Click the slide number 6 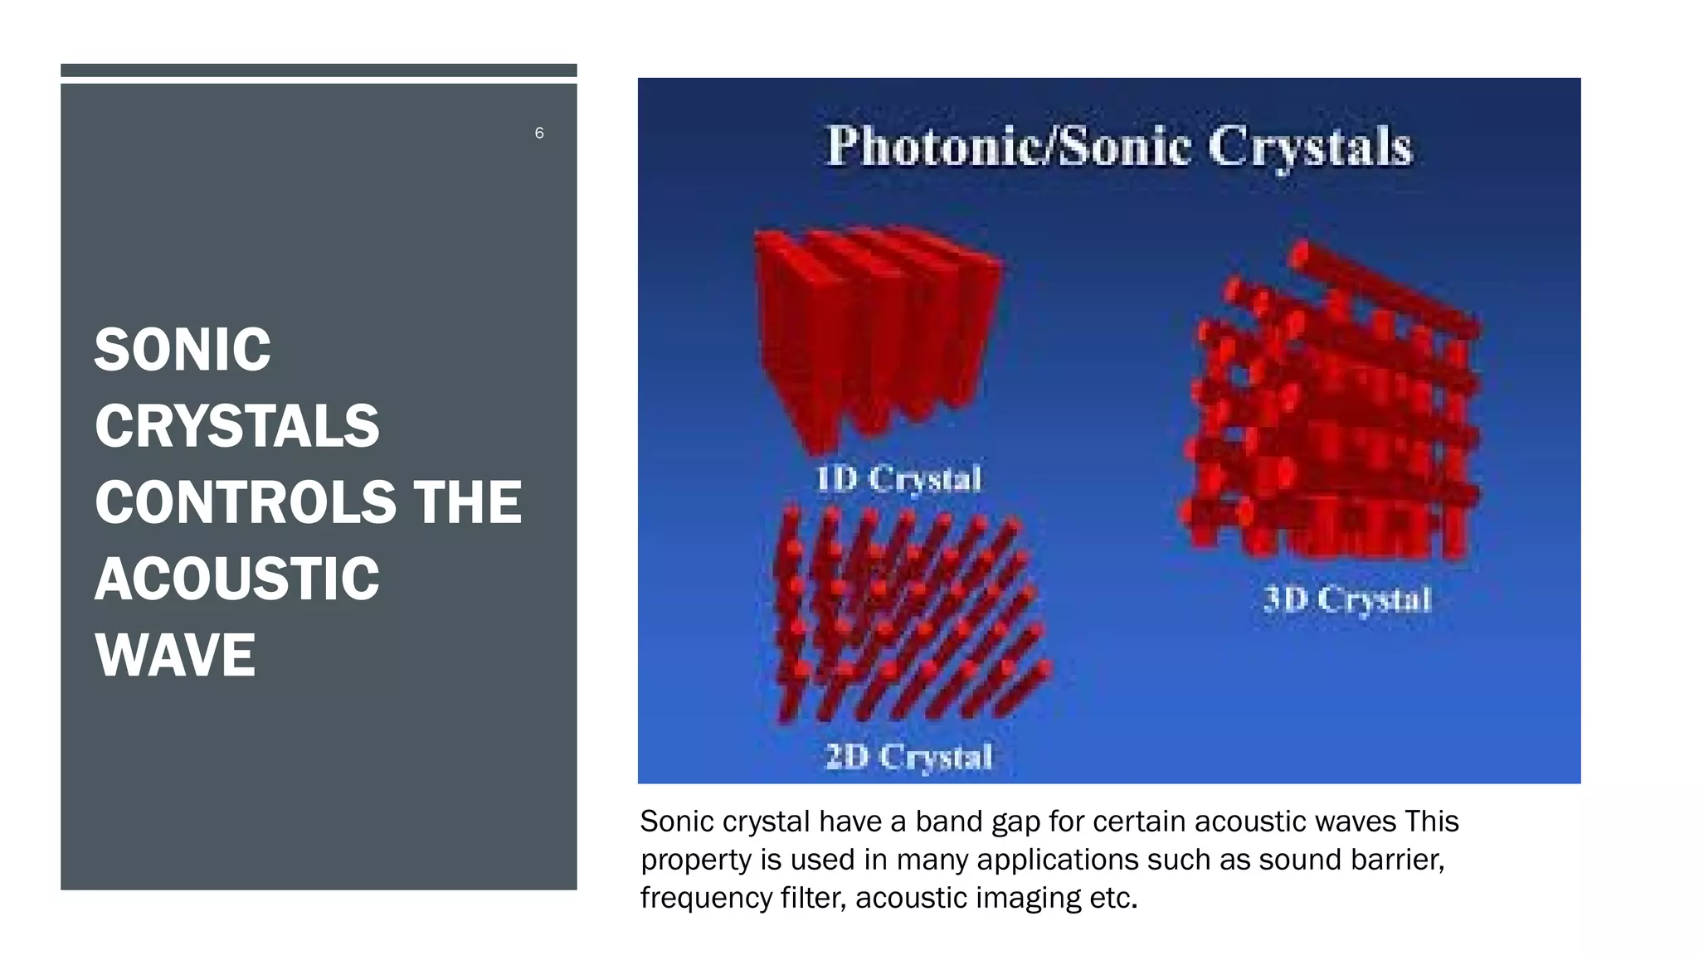[x=539, y=133]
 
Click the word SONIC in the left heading [x=183, y=350]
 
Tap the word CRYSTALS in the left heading [x=237, y=426]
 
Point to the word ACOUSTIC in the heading [x=237, y=579]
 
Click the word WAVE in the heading [x=175, y=655]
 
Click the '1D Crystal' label [x=898, y=479]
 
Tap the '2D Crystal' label [x=908, y=756]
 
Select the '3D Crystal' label [x=1347, y=599]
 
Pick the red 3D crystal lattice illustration [x=1331, y=406]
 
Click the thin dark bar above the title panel [x=319, y=70]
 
